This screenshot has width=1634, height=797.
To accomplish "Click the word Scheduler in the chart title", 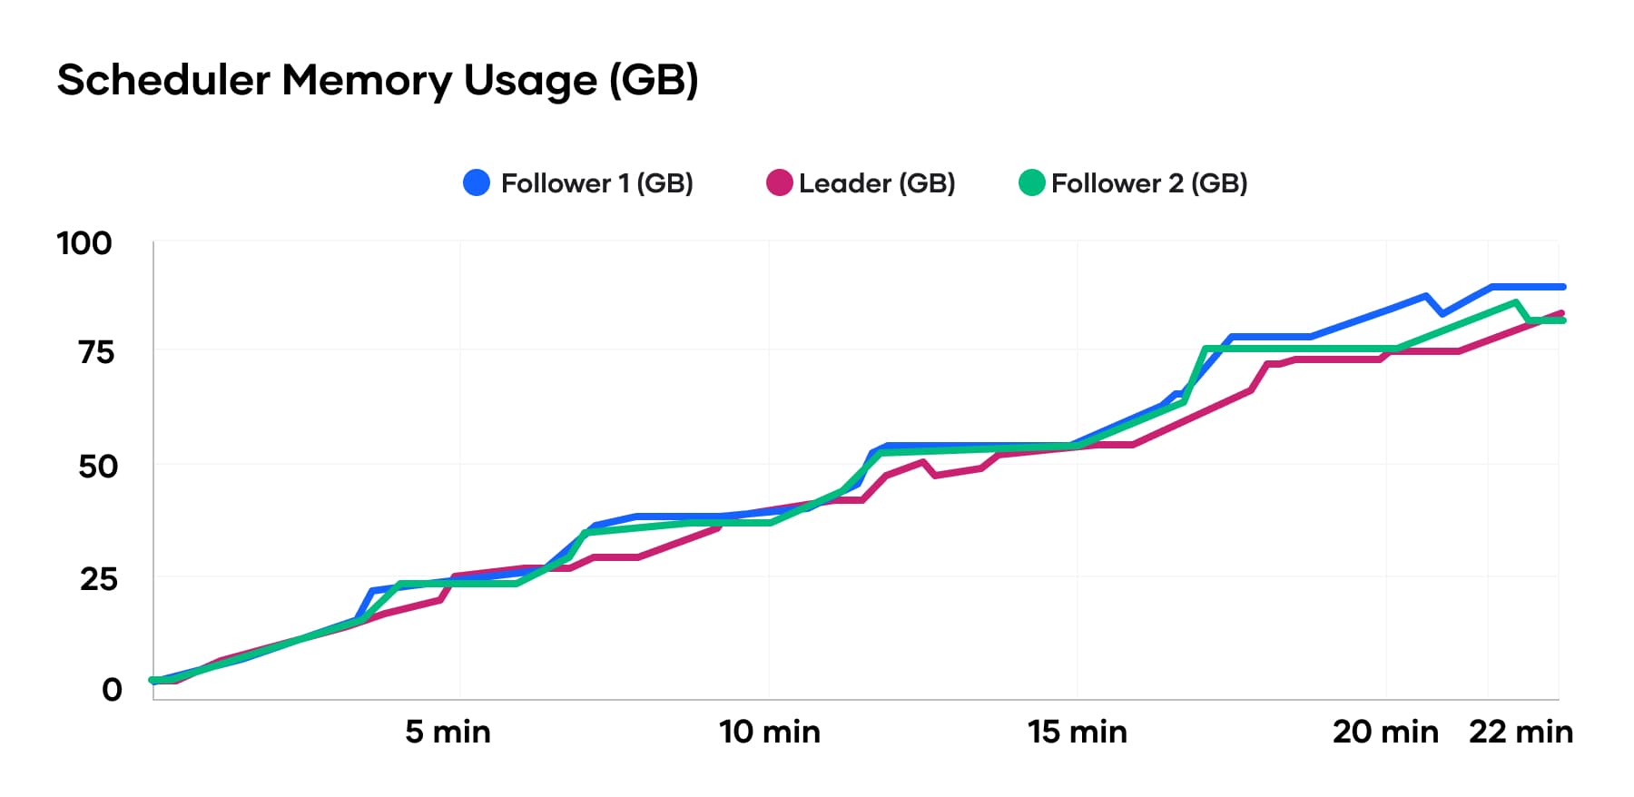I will click(163, 80).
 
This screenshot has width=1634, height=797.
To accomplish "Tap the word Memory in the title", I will click(366, 80).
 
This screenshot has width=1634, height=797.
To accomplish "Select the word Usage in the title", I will click(530, 80).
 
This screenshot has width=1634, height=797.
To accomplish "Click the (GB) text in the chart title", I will click(654, 80).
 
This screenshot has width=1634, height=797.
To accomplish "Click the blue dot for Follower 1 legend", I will click(477, 183).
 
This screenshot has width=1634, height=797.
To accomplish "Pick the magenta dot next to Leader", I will click(779, 183).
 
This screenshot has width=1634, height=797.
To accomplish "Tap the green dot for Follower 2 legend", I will click(1031, 183).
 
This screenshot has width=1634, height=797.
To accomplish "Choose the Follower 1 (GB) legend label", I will click(596, 183).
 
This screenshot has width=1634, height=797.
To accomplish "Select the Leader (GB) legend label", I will click(877, 183).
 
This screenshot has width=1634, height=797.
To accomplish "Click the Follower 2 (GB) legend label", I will click(1149, 183).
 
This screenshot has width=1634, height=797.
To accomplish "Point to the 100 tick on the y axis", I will click(84, 243).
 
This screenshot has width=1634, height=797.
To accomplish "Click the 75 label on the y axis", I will click(96, 352).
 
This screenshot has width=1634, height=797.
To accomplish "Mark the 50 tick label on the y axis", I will click(97, 467).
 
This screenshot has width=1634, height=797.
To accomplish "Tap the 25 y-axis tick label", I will click(98, 579).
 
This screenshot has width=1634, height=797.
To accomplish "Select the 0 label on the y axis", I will click(112, 690).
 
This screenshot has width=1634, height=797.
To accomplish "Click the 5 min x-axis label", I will click(448, 732).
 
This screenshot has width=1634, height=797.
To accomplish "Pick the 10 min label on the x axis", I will click(770, 732).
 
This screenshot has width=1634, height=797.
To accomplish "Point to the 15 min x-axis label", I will click(1078, 732).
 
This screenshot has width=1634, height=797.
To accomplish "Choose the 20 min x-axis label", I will click(1385, 732).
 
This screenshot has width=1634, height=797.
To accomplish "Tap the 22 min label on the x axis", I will click(1521, 732).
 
